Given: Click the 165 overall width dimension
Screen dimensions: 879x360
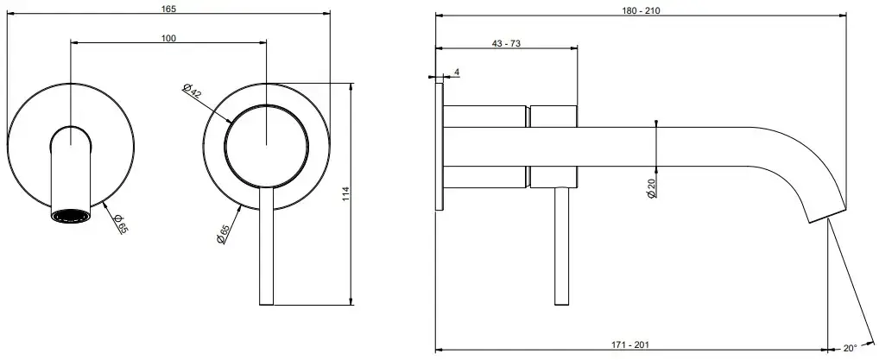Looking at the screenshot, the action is point(168,8).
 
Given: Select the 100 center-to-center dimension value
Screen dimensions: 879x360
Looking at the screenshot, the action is point(168,38).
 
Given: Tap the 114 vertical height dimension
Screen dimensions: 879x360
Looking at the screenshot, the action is point(346,194).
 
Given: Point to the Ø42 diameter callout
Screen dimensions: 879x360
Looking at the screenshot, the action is point(192,91).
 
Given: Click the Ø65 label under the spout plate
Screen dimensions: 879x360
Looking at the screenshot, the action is point(120,224).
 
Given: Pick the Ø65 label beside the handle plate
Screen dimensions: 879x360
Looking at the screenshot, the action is point(222,234).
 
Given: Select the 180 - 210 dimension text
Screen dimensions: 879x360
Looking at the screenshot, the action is point(641,10).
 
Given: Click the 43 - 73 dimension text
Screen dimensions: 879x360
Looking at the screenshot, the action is point(506,44).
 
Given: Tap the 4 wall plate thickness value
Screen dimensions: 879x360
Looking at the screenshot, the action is point(457,72).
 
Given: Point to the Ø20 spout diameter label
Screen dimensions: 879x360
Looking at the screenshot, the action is point(651,187).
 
